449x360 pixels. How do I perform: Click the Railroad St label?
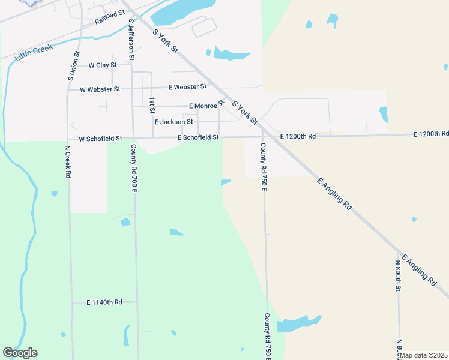(109, 17)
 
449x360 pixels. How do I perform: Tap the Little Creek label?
(34, 52)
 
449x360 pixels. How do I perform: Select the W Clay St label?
(102, 65)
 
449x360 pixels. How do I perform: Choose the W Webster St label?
(100, 89)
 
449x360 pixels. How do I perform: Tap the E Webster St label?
(187, 87)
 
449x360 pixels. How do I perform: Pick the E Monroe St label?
(206, 106)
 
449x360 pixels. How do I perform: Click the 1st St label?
(152, 105)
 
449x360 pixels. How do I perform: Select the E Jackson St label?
(173, 122)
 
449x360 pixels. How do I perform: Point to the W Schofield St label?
(100, 138)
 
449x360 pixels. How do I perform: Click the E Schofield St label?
(198, 137)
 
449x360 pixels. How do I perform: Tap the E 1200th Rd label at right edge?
(431, 133)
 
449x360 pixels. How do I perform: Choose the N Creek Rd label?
(68, 161)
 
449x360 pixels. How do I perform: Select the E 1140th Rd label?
(104, 302)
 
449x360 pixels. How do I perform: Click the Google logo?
(20, 353)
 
